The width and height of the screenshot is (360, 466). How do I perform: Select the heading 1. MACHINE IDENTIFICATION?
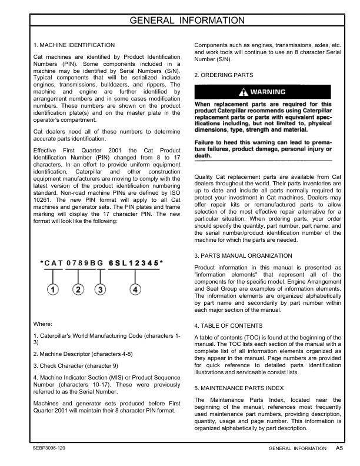coord(74,45)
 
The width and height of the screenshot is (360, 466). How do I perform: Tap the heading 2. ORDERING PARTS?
coord(224,75)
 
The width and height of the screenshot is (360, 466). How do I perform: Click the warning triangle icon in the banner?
coord(241,92)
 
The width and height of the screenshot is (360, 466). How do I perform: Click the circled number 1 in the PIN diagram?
coord(53,289)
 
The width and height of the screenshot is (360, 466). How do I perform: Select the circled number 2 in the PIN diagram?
coord(78,289)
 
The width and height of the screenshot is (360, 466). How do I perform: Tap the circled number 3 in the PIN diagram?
coord(101,289)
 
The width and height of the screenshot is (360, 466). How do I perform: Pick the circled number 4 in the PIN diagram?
coord(135,289)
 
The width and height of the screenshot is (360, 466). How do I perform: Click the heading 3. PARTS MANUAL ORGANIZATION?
coord(242,256)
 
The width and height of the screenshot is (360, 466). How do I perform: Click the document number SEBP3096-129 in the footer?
coord(50,448)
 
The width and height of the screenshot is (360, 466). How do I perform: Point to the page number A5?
coord(340,448)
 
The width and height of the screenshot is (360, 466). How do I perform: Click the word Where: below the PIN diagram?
coord(44,324)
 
